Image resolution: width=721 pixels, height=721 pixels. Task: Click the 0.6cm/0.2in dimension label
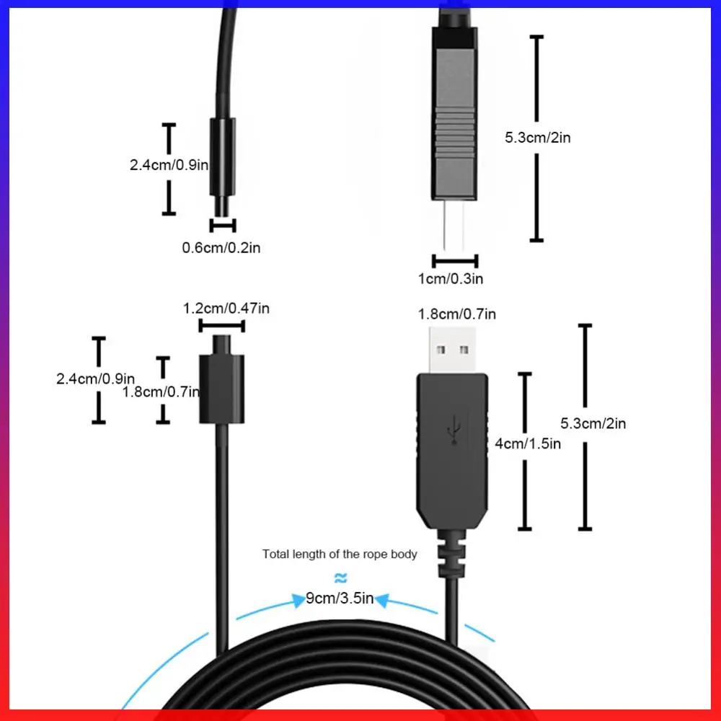pyautogui.click(x=221, y=248)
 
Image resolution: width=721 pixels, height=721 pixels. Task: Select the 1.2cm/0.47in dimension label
pyautogui.click(x=226, y=309)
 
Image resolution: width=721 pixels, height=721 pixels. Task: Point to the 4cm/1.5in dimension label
pyautogui.click(x=527, y=443)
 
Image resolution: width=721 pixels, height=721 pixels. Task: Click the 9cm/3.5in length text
pyautogui.click(x=340, y=598)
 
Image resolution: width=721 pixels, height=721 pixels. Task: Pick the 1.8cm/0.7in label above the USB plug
pyautogui.click(x=457, y=314)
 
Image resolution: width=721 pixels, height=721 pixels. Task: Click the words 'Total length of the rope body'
pyautogui.click(x=340, y=554)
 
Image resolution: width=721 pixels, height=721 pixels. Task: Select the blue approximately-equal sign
pyautogui.click(x=341, y=578)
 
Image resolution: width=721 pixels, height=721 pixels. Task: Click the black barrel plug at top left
pyautogui.click(x=222, y=157)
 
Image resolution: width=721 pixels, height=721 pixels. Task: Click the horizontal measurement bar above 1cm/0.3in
pyautogui.click(x=455, y=261)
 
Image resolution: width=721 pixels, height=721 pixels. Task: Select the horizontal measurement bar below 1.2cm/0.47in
pyautogui.click(x=222, y=326)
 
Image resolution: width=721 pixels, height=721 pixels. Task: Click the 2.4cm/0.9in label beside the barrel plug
pyautogui.click(x=169, y=165)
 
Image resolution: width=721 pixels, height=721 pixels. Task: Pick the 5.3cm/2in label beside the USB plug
pyautogui.click(x=593, y=423)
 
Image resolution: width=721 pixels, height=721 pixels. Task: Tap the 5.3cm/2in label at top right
pyautogui.click(x=537, y=137)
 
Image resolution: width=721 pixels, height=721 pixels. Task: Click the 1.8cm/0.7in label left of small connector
pyautogui.click(x=161, y=392)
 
